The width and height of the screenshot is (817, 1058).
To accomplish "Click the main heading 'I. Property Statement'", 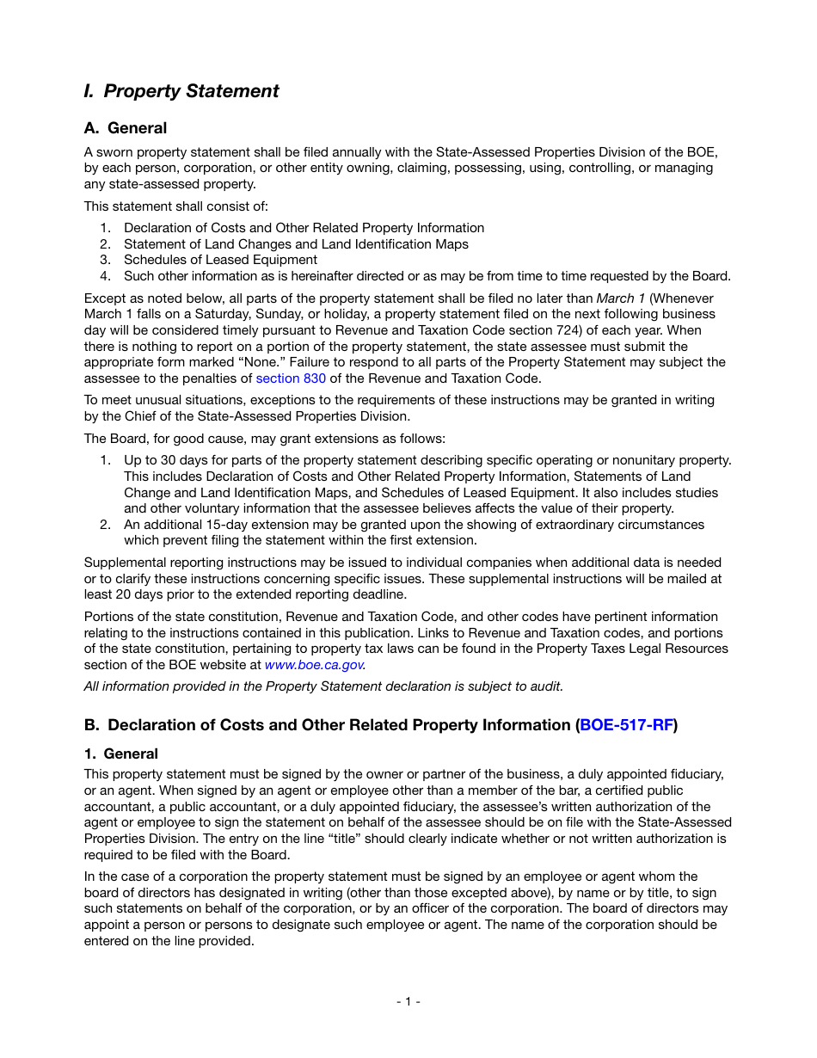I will pos(181,91).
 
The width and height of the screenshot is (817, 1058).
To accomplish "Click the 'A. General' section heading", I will pos(126,128).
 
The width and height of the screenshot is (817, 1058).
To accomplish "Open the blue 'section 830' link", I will pos(291,378).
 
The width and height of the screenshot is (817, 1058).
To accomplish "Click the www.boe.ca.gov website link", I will pos(314,665).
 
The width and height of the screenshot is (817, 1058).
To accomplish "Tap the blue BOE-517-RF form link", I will pos(626,725).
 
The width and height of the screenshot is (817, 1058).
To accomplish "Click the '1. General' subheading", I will pos(121,754).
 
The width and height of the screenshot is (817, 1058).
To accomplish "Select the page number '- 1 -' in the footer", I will pos(408,1001).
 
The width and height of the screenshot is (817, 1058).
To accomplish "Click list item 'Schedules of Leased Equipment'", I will pos(220,260).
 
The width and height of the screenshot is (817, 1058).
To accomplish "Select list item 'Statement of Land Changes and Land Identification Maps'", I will pos(296,244).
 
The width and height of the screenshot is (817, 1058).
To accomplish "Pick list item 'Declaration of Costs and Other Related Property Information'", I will pos(304,228).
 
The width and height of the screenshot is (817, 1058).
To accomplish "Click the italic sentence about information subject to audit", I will pos(323,686).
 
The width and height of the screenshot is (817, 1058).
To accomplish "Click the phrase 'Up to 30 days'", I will pos(163,460).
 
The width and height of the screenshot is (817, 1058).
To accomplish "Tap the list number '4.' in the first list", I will pos(105,276).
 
